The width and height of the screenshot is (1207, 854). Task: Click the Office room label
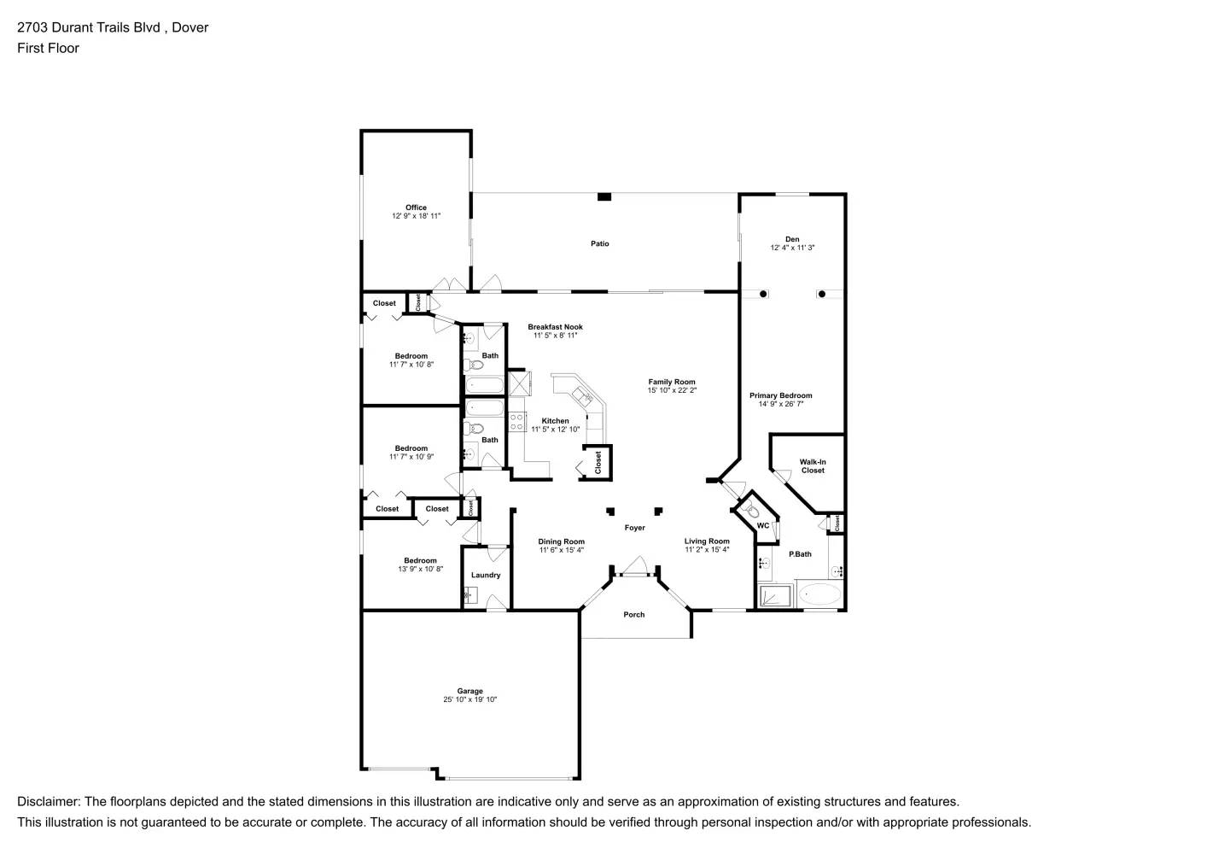(416, 208)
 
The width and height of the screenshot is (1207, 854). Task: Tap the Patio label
(600, 243)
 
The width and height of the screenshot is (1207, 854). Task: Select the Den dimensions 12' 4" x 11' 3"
(792, 248)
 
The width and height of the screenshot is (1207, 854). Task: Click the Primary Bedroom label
(780, 395)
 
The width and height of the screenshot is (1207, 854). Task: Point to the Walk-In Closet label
(813, 465)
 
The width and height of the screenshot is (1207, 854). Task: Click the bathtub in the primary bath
(820, 595)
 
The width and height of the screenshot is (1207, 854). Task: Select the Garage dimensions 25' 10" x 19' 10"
(469, 699)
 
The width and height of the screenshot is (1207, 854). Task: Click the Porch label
(634, 614)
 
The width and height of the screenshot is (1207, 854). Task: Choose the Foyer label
(634, 528)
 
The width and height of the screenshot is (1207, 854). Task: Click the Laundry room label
(486, 575)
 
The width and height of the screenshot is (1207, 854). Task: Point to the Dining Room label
(561, 541)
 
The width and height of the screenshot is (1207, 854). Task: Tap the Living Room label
(707, 541)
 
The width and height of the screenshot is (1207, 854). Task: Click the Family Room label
(672, 382)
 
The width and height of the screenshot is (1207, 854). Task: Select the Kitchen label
(555, 420)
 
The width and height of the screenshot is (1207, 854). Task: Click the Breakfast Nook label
(555, 326)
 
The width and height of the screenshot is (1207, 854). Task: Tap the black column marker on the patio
(604, 197)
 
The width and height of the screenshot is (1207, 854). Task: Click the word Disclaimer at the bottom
(48, 802)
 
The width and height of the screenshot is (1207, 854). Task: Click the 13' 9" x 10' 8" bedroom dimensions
(420, 569)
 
